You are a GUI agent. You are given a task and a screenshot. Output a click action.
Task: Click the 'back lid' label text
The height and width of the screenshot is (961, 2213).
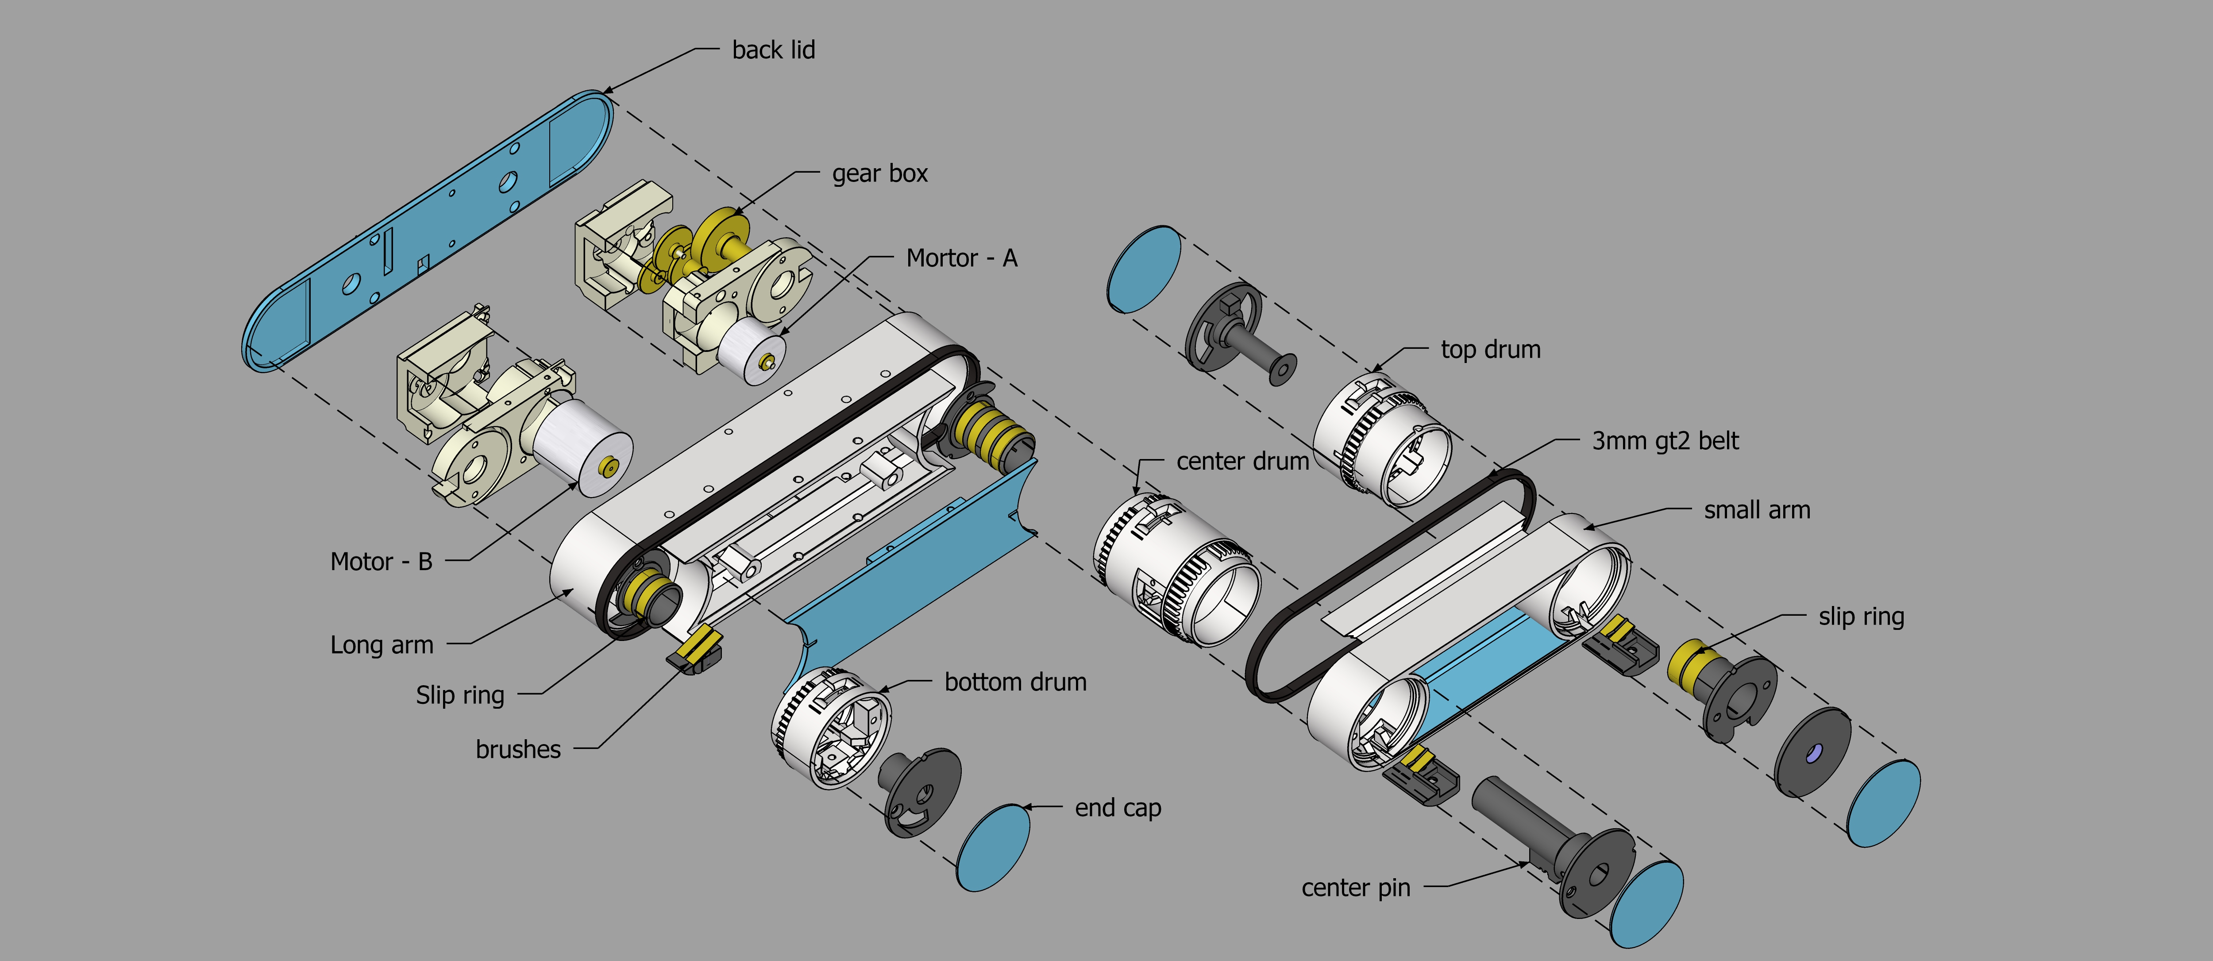[x=773, y=50]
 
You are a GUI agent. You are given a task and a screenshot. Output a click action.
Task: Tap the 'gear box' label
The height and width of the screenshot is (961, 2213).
[x=880, y=174]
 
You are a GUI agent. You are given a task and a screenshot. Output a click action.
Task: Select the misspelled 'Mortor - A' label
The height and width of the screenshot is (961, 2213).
[x=961, y=258]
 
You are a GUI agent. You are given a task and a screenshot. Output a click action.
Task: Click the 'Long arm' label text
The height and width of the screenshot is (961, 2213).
[x=382, y=645]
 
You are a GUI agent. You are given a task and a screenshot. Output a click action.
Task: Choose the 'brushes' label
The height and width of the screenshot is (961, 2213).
[x=518, y=749]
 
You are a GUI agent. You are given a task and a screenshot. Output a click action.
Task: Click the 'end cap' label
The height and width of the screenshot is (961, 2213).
[x=1118, y=808]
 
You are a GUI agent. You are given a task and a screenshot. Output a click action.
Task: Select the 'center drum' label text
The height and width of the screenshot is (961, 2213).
[x=1242, y=462]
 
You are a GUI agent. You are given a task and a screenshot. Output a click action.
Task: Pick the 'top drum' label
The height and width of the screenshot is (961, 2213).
[x=1491, y=350]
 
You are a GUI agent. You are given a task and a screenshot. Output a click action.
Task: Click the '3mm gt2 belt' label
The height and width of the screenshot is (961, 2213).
[x=1665, y=441]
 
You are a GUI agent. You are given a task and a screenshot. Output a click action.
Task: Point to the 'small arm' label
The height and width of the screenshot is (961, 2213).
[x=1757, y=510]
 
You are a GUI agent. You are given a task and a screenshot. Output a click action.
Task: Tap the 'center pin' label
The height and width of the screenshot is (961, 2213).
[x=1356, y=887]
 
